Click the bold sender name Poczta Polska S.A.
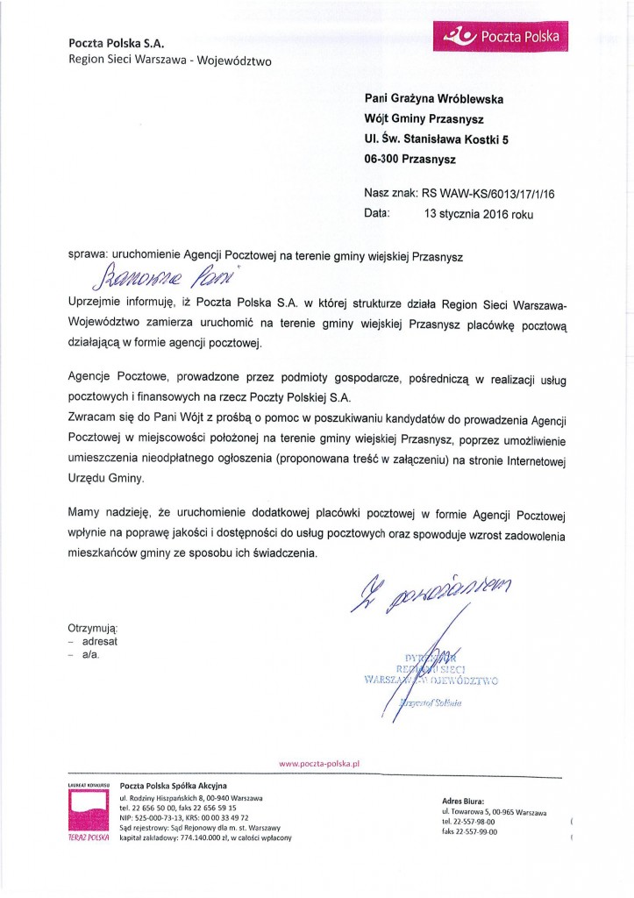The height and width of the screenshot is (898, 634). tap(118, 42)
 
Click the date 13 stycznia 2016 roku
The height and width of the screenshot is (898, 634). tap(478, 213)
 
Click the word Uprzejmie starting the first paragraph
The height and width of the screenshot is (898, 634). tap(97, 303)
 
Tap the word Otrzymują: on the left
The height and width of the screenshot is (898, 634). tap(93, 628)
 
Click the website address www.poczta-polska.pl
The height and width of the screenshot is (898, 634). tap(319, 764)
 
